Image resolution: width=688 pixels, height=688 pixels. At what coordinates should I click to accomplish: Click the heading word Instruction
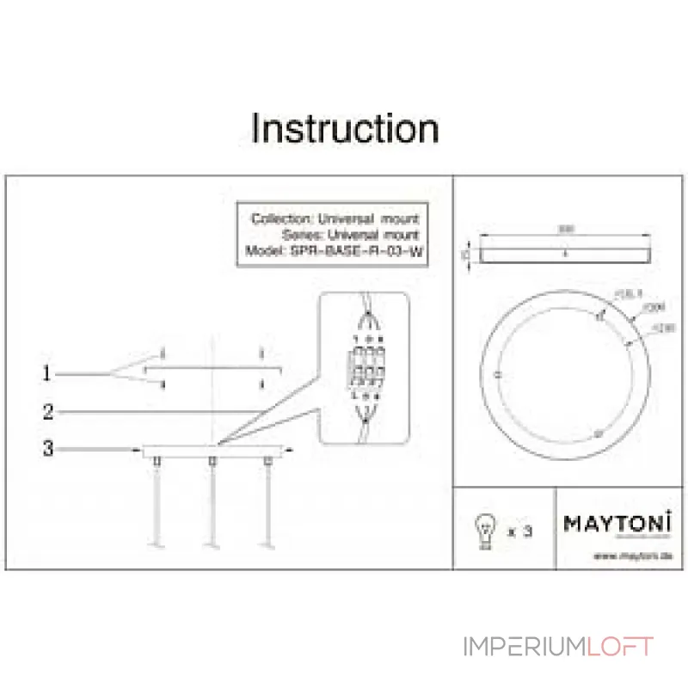point(345,129)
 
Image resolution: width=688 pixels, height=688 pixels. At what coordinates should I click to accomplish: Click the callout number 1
point(48,374)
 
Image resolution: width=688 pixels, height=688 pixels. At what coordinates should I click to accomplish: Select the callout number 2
point(48,412)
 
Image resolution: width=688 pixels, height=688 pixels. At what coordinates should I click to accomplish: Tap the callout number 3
point(48,448)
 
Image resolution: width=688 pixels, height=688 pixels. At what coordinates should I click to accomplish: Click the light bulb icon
point(486,531)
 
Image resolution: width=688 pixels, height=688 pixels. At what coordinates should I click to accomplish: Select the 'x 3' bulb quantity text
point(520,531)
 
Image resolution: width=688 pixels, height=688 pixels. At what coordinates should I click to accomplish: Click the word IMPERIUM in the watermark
point(525,647)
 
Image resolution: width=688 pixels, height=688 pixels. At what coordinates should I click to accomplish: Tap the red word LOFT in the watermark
point(621,647)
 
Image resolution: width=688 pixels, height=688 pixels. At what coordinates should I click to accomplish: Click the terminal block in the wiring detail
point(363,369)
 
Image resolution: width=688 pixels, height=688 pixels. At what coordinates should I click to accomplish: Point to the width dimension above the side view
point(563,230)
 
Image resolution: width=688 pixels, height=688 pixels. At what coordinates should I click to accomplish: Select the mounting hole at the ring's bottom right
point(597,435)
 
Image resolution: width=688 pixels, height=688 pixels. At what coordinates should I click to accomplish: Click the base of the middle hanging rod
point(212,544)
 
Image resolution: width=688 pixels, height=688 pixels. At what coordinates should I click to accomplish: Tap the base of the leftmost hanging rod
point(157,544)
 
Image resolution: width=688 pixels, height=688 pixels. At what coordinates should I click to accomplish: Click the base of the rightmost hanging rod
point(267,544)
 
